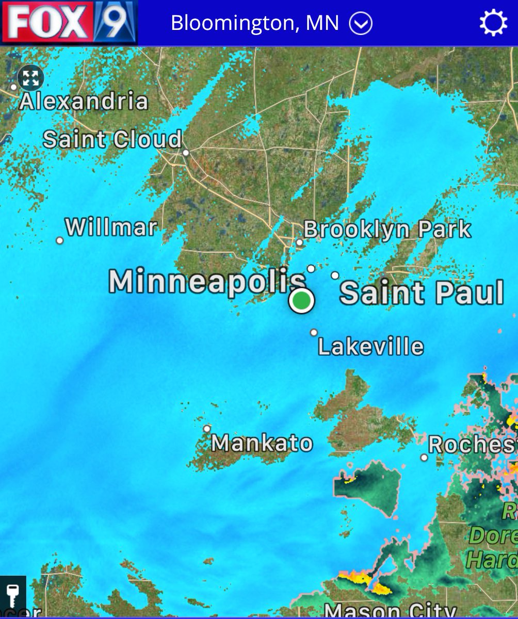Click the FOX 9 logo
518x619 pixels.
pos(69,23)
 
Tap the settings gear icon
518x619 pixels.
pos(493,23)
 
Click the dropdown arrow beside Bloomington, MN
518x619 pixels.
pos(361,23)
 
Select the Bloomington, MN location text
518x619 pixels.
pos(255,23)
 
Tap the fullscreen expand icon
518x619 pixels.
pos(30,78)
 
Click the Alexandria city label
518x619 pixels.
pos(84,101)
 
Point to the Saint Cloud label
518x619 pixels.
pos(112,140)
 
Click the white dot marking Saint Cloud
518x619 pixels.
pos(186,153)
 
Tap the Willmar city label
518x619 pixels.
pos(111,227)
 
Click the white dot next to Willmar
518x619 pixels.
pos(60,240)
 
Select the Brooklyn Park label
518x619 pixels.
pos(387,230)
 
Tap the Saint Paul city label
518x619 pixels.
pos(422,292)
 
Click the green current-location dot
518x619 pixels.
pos(301,300)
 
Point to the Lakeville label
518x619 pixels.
pos(370,347)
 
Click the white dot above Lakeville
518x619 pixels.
pos(314,333)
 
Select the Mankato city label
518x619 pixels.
pos(262,443)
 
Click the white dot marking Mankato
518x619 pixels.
pos(207,429)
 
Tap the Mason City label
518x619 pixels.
pos(390,611)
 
